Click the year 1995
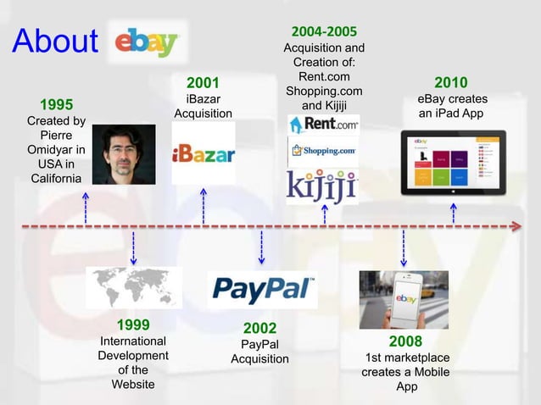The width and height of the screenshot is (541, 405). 56,105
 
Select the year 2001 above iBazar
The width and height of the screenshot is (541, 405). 203,83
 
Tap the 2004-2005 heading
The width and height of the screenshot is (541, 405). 324,32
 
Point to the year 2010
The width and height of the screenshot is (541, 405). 450,83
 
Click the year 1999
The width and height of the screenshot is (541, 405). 133,325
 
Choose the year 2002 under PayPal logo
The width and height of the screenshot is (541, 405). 259,328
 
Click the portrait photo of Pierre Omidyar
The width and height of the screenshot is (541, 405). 124,154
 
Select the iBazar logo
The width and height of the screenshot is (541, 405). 204,153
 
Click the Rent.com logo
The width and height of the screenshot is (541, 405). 324,125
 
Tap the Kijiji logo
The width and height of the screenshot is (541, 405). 321,185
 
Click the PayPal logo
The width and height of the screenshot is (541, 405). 262,289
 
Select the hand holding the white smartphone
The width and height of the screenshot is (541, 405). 404,300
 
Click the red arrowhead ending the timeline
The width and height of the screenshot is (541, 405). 516,226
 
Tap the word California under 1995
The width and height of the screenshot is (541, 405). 57,178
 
